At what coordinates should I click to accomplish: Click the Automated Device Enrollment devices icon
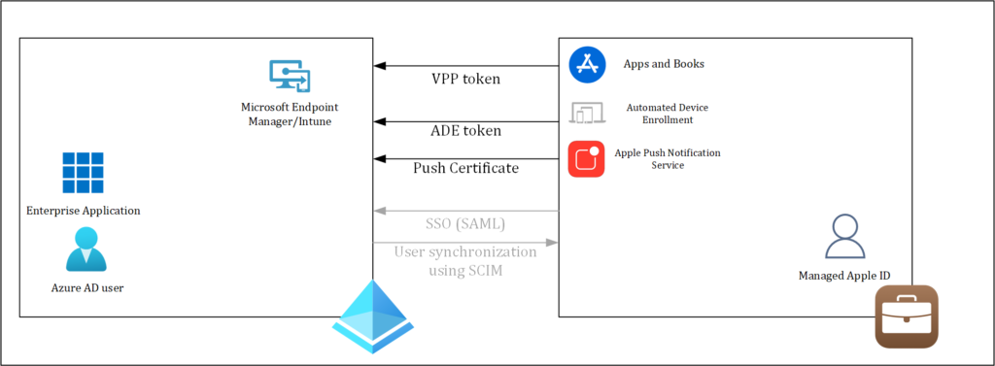click(587, 114)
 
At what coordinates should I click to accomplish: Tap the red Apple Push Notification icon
click(587, 159)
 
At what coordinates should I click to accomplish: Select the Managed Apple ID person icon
click(842, 237)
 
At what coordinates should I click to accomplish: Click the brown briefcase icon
click(906, 316)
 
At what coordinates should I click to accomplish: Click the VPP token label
click(465, 79)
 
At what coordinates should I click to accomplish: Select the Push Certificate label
click(465, 168)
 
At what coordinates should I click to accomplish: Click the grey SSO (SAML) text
click(465, 224)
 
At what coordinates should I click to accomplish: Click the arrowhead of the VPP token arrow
click(380, 66)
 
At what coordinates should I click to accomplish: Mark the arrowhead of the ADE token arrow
click(380, 122)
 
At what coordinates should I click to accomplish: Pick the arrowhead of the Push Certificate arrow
click(380, 158)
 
